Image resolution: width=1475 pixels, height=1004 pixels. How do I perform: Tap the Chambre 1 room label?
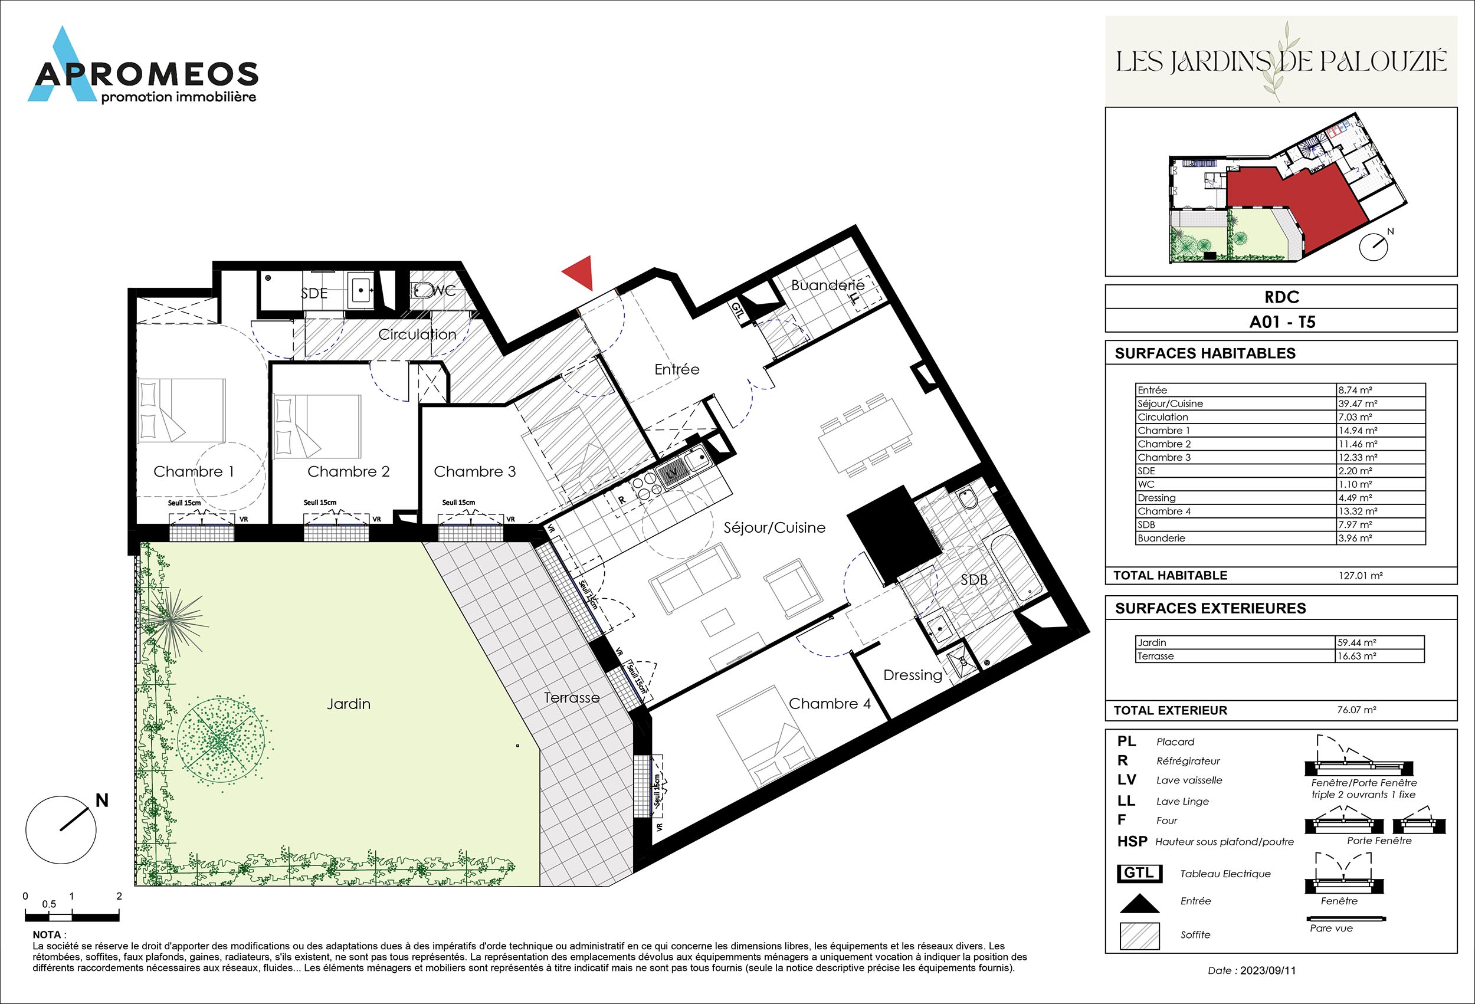point(194,471)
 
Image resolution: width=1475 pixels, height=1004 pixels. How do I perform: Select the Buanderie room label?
point(828,286)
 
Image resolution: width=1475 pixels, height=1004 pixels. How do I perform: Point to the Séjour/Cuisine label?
point(774,527)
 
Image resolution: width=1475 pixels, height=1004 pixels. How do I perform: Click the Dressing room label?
point(913,675)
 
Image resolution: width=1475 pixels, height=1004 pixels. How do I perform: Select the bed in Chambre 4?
point(766,736)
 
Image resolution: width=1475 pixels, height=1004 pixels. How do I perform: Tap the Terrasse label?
point(571,697)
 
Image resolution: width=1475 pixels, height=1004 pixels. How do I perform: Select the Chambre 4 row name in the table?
point(1160,511)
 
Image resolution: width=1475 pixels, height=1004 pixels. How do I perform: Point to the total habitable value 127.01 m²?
point(1360,576)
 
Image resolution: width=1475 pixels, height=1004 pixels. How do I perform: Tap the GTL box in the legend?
point(1139,873)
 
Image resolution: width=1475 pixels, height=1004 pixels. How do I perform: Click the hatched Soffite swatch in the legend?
point(1139,936)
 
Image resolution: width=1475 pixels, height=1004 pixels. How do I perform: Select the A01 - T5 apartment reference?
point(1282,321)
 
